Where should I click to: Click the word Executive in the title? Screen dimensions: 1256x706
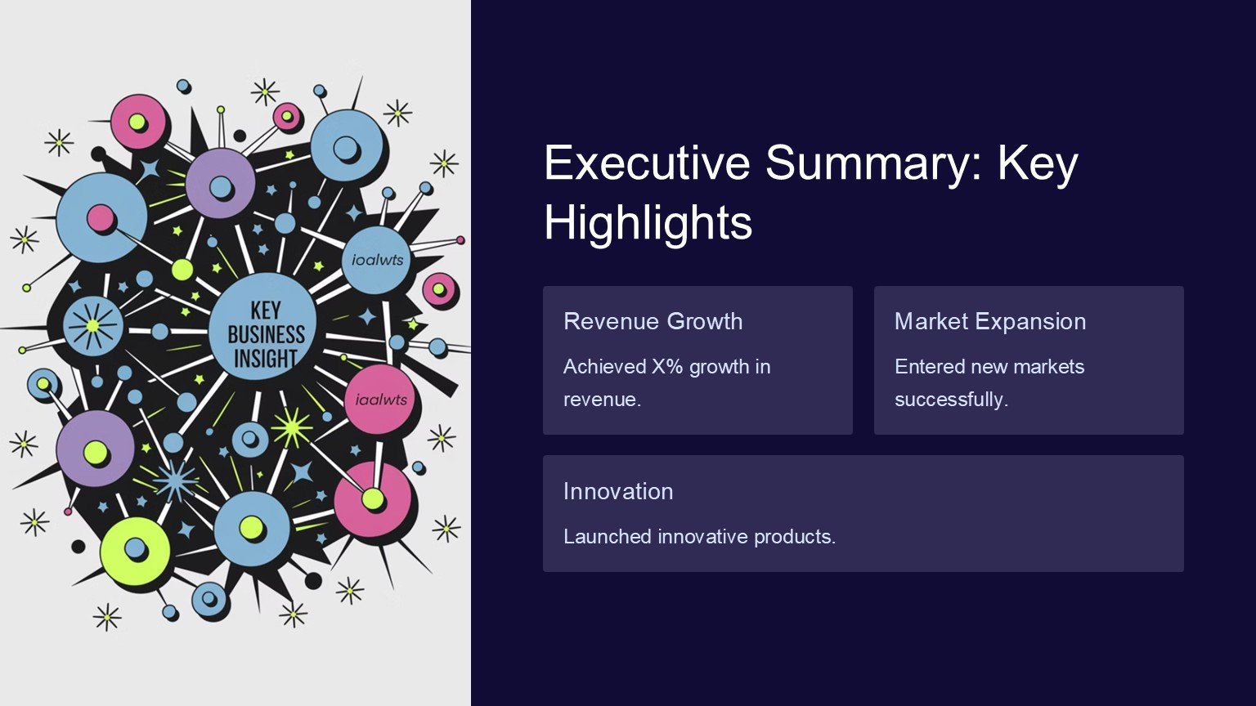tap(647, 162)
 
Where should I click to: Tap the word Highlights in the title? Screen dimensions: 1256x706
tap(648, 222)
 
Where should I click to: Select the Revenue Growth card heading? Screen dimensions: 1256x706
tap(653, 321)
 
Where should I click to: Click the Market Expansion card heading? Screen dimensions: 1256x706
tap(990, 321)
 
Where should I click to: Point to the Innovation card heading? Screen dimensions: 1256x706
tap(618, 491)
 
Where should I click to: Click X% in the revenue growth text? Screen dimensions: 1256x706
tap(667, 366)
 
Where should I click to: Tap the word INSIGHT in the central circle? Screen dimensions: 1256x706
tap(266, 358)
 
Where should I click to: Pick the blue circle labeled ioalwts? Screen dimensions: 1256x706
tap(377, 260)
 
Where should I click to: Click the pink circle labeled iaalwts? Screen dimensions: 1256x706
tap(380, 400)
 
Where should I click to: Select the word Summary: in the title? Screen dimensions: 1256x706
tap(873, 163)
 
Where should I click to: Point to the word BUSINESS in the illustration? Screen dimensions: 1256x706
tap(266, 334)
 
